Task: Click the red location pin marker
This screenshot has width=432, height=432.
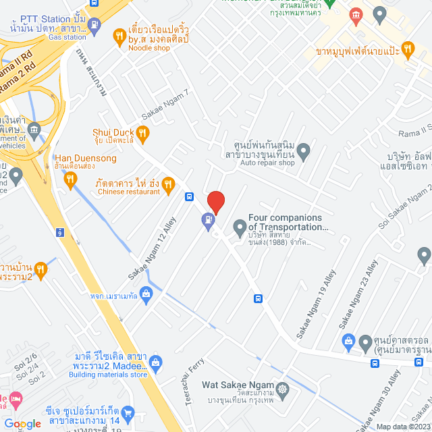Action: [x=215, y=202]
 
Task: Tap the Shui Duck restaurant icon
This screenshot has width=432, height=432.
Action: [x=142, y=132]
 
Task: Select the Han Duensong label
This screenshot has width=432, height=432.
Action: [x=85, y=159]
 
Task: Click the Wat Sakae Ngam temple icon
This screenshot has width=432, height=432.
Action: [x=281, y=389]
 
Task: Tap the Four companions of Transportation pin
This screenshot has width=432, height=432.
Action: [x=239, y=226]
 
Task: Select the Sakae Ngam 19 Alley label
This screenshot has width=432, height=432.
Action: [x=315, y=305]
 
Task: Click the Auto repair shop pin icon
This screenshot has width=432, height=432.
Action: [x=304, y=151]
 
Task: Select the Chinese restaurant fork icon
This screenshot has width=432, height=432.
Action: [x=169, y=182]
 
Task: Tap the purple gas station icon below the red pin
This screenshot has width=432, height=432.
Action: [x=207, y=219]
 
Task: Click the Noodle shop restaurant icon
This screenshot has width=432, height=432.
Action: [x=118, y=34]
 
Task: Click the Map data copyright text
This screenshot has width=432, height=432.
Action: [x=402, y=426]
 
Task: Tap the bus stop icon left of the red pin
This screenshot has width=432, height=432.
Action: [x=190, y=197]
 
